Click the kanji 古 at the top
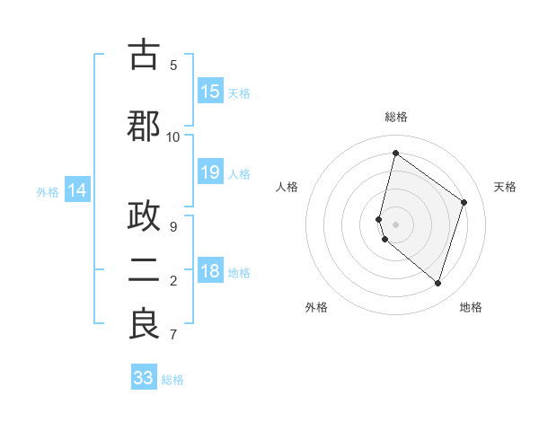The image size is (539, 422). coord(144,56)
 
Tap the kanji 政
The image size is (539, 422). coord(144,220)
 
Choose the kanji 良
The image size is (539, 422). coord(144,325)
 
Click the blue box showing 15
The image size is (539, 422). coord(210,92)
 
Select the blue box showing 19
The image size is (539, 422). coord(210,173)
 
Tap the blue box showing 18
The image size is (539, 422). coord(210,272)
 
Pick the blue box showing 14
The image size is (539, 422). coord(77,190)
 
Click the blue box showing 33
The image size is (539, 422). coord(144,378)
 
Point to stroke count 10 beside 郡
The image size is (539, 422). coord(173,136)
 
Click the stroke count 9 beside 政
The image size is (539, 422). coord(173,227)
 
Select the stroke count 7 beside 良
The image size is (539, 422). coord(173,335)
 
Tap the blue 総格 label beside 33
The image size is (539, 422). coord(172,380)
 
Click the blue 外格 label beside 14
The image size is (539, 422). coord(48,191)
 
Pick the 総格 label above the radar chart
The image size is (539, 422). coord(395,117)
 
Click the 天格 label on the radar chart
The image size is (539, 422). coord(505,187)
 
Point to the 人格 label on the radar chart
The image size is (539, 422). coord(287,187)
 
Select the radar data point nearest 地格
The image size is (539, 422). coord(437,284)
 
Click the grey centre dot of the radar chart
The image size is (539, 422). coord(395,224)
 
